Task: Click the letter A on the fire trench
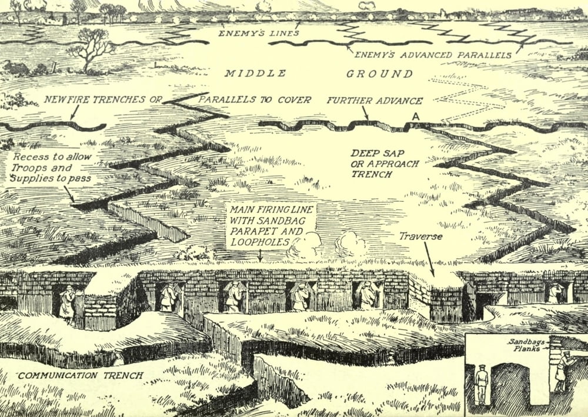pos(416,117)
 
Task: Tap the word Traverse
pos(420,236)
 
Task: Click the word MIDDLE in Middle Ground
pos(255,74)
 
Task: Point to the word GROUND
pos(379,74)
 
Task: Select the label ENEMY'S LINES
pos(259,33)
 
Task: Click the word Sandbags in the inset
pos(524,341)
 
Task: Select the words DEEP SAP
pos(369,153)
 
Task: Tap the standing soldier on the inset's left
pos(482,385)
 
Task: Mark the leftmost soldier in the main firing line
pos(67,303)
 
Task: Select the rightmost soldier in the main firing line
pos(553,292)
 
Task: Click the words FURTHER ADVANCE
pos(375,100)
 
